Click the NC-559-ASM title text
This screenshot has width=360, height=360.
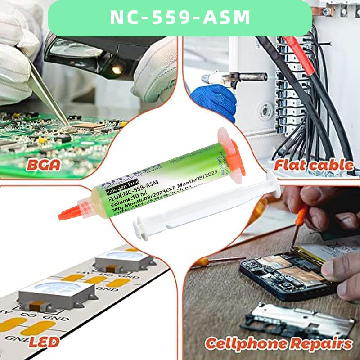[180, 18]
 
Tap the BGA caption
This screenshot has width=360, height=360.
[43, 164]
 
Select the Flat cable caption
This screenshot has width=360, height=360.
[314, 165]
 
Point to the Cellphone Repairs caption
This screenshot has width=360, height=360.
[279, 344]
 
